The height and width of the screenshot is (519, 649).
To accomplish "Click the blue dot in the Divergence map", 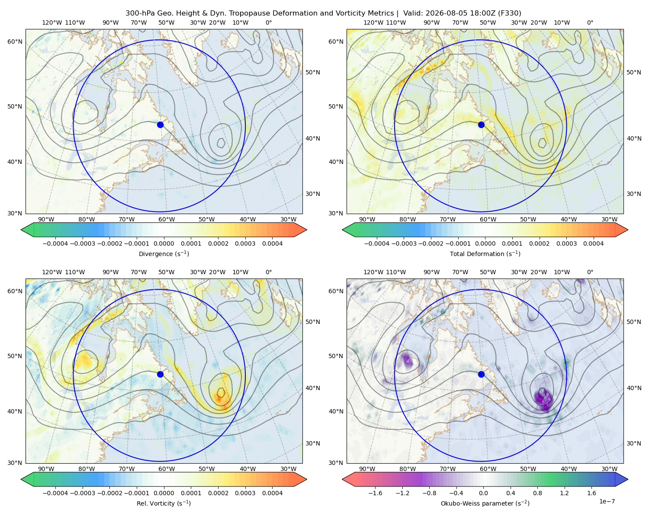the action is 160,125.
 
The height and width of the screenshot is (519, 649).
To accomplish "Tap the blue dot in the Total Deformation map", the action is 481,125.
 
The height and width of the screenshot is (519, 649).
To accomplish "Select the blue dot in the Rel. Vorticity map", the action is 160,374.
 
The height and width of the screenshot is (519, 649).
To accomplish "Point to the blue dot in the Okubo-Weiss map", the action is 481,374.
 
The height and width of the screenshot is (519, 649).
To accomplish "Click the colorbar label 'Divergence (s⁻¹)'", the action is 164,253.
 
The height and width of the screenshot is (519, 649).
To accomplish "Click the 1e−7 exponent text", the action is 607,501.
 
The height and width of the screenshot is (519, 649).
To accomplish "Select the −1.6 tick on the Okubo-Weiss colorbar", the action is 375,493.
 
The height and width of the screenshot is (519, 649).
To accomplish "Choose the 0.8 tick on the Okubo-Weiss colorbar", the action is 537,493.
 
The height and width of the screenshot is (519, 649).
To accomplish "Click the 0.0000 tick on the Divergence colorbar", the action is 164,243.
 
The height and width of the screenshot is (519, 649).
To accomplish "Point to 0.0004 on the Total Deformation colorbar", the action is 593,243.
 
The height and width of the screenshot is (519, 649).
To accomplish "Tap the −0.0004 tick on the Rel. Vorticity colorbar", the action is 55,493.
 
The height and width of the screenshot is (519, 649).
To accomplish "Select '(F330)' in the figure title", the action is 510,13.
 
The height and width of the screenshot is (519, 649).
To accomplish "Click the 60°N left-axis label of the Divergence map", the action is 15,42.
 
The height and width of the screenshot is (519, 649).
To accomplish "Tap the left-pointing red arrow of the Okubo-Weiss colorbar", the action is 349,479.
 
